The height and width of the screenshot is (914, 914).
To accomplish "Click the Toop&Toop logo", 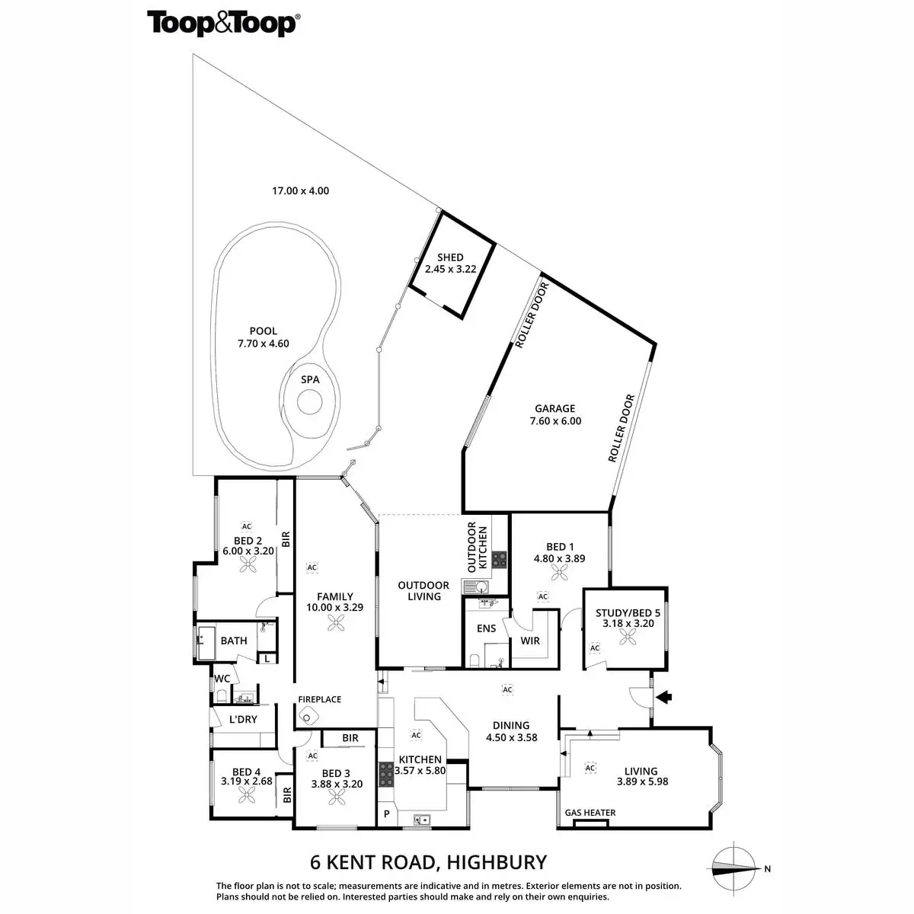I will (222, 23).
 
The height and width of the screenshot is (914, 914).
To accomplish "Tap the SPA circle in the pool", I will (309, 401).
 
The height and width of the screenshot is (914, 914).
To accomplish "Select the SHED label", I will (449, 257).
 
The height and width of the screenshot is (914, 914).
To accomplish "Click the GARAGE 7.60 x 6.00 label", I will (554, 414).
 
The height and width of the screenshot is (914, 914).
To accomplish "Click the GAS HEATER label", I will (590, 813).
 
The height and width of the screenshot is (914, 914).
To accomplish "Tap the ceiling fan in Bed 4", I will (246, 795).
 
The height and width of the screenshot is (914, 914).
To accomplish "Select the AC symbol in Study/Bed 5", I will (595, 647).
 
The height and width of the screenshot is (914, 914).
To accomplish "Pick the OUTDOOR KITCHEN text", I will (477, 547).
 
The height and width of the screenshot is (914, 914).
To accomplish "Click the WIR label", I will (530, 641).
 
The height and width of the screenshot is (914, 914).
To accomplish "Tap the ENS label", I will (486, 628).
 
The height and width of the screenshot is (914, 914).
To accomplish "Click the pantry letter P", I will (387, 814).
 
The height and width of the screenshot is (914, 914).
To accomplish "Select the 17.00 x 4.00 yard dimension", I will (301, 190).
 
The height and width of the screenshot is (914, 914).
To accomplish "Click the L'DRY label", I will (243, 719).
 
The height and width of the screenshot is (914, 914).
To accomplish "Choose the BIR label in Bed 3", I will (350, 738).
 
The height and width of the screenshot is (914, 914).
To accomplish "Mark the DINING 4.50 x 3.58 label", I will (511, 731).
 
